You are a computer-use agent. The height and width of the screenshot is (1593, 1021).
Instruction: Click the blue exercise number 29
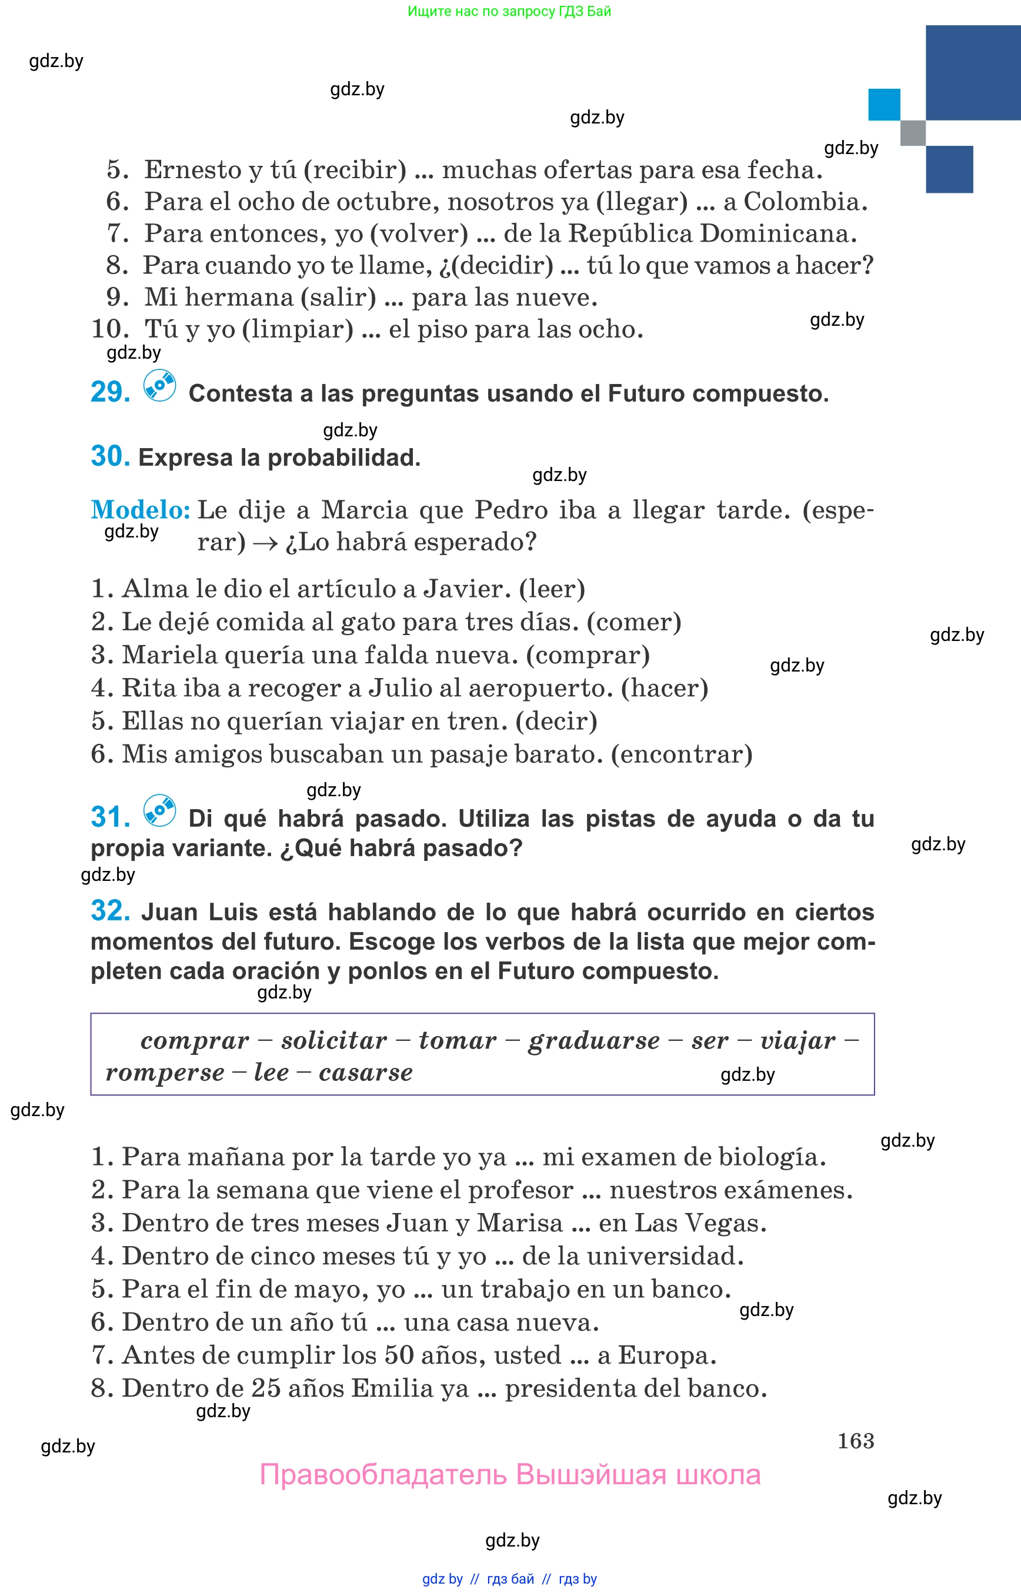pos(110,392)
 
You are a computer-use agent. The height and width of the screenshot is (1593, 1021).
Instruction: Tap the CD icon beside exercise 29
pos(160,385)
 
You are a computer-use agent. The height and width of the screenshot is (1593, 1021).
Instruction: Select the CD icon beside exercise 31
pos(160,810)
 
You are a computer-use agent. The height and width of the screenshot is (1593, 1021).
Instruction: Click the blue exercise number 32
pos(110,911)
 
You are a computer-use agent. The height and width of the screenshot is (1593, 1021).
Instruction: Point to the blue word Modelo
pos(141,510)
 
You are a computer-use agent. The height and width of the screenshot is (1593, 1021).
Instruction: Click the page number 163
pos(855,1441)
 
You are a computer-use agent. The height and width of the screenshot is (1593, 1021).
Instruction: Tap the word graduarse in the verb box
pos(593,1041)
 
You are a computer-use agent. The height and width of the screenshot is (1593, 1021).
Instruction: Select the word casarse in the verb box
pos(365,1073)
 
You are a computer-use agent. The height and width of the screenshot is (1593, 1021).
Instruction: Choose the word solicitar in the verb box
pos(334,1041)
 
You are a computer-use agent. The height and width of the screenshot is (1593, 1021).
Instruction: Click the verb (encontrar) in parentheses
pos(682,754)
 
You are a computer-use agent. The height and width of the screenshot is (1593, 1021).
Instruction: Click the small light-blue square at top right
pos(884,105)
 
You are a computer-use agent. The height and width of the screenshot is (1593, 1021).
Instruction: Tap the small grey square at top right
pos(912,132)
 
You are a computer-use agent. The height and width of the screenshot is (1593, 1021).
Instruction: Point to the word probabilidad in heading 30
pos(343,457)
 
